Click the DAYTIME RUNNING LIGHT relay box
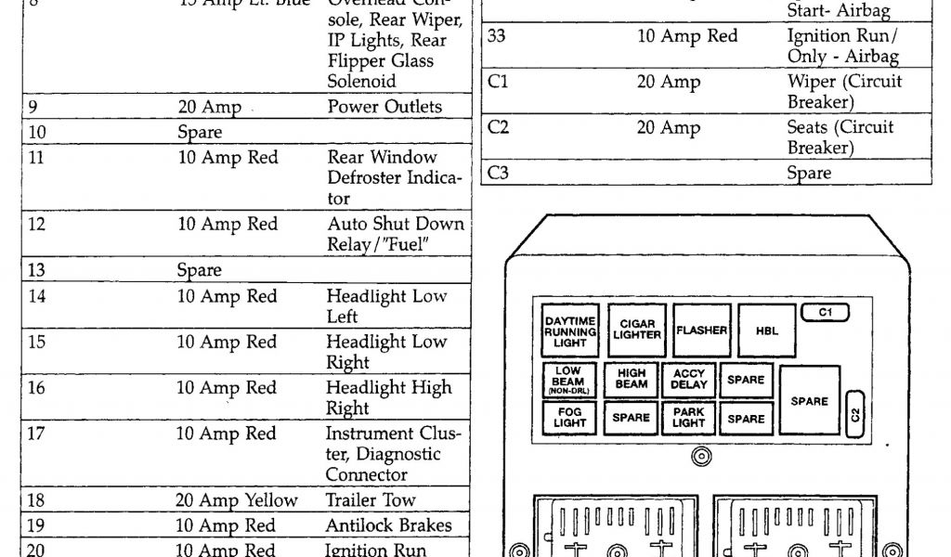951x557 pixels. click(x=570, y=330)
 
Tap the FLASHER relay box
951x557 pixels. click(x=702, y=330)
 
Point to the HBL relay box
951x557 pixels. click(x=767, y=330)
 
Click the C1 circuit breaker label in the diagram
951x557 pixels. click(x=826, y=313)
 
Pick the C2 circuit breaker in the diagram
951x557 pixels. click(x=856, y=413)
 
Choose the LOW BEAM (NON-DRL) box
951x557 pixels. click(x=568, y=380)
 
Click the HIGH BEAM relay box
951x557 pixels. click(x=632, y=380)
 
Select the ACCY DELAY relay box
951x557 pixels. click(x=689, y=380)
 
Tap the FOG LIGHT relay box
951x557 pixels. click(x=569, y=418)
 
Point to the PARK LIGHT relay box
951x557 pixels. click(x=689, y=418)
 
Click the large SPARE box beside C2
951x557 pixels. click(x=809, y=400)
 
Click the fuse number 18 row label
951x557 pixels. click(x=37, y=499)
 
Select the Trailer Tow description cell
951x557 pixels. click(x=371, y=499)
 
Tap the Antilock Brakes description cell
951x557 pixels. click(x=388, y=525)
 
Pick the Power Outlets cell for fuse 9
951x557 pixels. click(x=384, y=107)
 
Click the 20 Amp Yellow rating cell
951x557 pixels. click(x=236, y=499)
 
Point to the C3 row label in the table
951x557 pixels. click(x=499, y=173)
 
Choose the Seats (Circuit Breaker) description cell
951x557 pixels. click(x=840, y=137)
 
